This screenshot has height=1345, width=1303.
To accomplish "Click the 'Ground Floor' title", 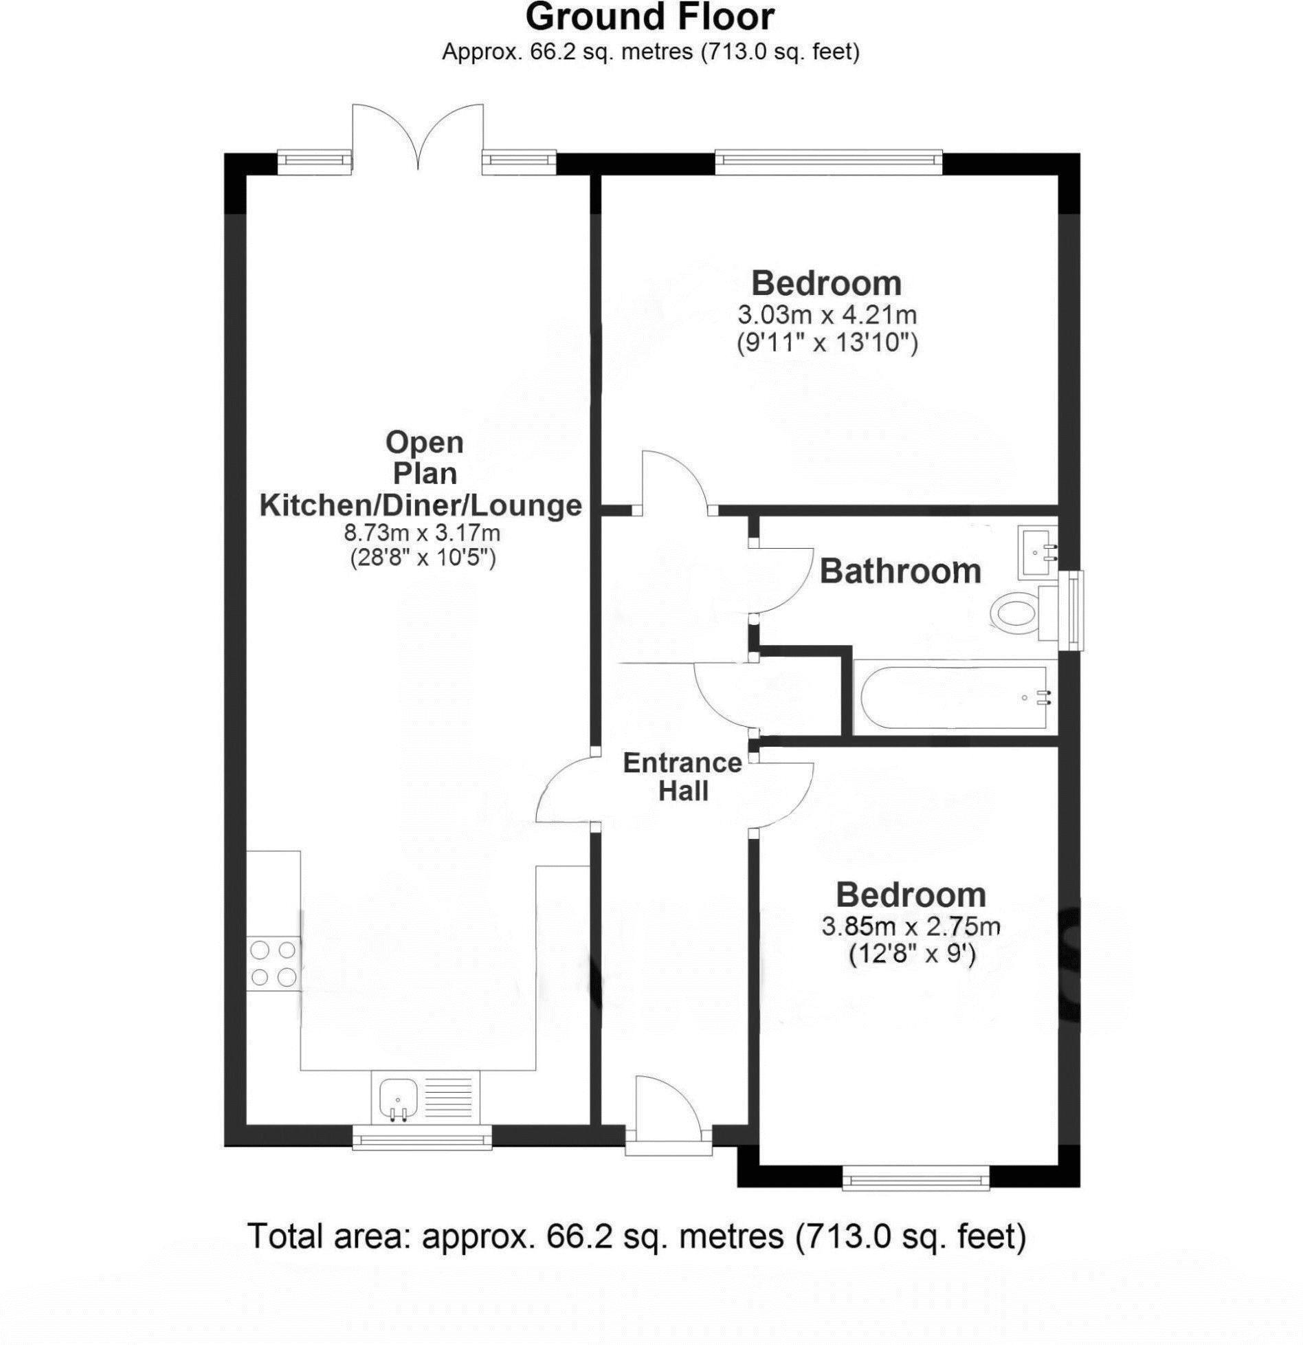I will point(649,17).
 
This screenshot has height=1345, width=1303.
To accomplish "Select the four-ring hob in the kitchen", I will point(273,964).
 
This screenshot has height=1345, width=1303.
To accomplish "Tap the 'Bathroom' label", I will point(900,571).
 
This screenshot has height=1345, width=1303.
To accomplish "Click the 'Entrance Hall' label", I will point(682,777).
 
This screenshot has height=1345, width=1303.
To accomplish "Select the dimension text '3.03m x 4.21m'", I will point(827,316).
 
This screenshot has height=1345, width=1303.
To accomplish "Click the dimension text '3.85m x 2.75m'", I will point(911,927).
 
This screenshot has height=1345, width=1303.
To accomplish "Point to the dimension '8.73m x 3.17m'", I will point(422,532).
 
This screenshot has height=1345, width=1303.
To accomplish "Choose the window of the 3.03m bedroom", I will point(827,160).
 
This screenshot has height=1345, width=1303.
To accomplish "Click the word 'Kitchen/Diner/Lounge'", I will point(420,505).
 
